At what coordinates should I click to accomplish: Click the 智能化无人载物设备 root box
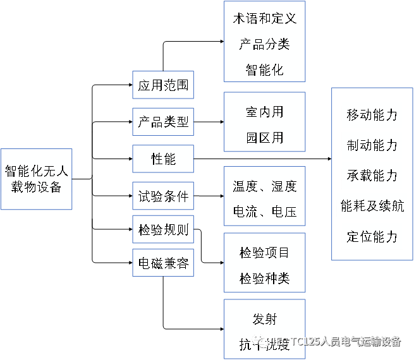[x=37, y=179]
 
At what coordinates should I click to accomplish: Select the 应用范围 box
[x=163, y=85]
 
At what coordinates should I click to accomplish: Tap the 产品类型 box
[x=163, y=122]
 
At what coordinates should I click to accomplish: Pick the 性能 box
[x=163, y=159]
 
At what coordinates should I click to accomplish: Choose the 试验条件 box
[x=163, y=196]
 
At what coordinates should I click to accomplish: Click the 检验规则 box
[x=163, y=230]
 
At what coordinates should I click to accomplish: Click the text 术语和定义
[x=264, y=18]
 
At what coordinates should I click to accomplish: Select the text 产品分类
[x=264, y=44]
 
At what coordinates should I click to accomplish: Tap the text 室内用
[x=264, y=112]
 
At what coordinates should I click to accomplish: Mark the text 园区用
[x=264, y=138]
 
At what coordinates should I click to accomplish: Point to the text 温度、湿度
[x=264, y=186]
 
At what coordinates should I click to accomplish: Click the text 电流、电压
[x=264, y=211]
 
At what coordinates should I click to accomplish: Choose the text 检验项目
[x=264, y=253]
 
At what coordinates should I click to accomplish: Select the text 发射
[x=264, y=319]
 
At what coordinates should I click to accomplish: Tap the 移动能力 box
[x=372, y=115]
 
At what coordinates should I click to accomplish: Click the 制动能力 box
[x=372, y=145]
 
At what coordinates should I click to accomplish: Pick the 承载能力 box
[x=372, y=175]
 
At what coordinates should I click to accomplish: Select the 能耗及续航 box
[x=372, y=205]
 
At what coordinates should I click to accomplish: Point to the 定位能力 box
[x=372, y=236]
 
